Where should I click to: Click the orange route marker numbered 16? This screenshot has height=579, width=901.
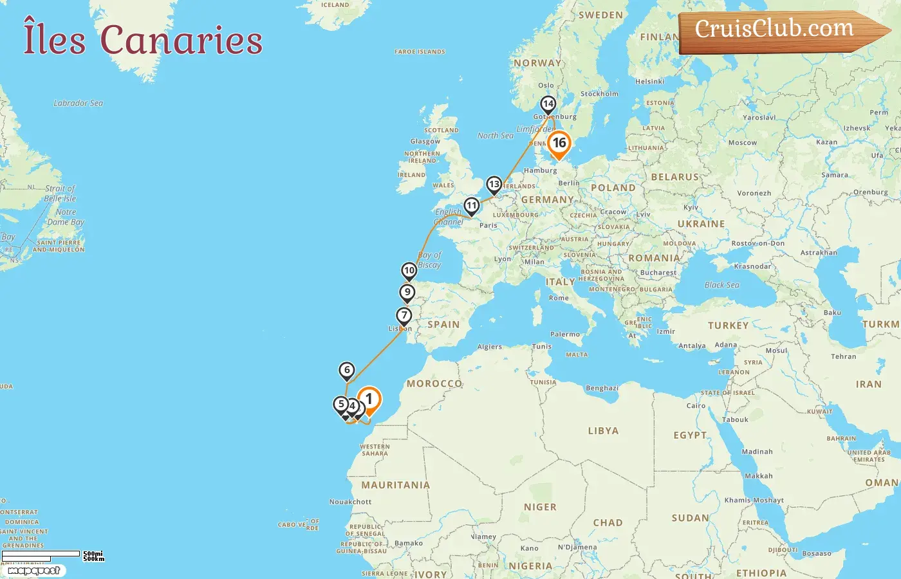pyautogui.click(x=559, y=143)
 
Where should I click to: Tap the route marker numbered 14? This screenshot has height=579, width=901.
pyautogui.click(x=548, y=104)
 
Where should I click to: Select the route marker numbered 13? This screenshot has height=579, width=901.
pyautogui.click(x=494, y=185)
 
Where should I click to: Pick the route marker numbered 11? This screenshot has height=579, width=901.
pyautogui.click(x=472, y=207)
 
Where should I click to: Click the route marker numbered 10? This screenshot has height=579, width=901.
pyautogui.click(x=409, y=271)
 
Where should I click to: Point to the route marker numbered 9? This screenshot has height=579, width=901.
pyautogui.click(x=407, y=293)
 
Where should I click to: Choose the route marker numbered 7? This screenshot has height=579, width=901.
pyautogui.click(x=404, y=316)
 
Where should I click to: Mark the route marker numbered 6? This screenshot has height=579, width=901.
pyautogui.click(x=347, y=370)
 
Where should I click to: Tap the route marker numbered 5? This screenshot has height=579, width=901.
pyautogui.click(x=341, y=405)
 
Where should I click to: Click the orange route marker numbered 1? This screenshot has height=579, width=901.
pyautogui.click(x=369, y=400)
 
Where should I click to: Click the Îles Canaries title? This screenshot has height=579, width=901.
pyautogui.click(x=143, y=40)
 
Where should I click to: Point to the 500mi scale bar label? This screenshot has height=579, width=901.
pyautogui.click(x=93, y=553)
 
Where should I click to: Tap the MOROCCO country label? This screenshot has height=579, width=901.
pyautogui.click(x=434, y=383)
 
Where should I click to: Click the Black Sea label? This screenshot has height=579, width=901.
pyautogui.click(x=721, y=285)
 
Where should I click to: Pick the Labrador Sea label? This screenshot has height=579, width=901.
pyautogui.click(x=78, y=103)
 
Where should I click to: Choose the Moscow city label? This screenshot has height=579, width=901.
pyautogui.click(x=743, y=142)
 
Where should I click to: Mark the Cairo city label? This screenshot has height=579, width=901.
pyautogui.click(x=696, y=406)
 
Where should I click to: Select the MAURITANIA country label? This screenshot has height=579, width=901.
pyautogui.click(x=395, y=485)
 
